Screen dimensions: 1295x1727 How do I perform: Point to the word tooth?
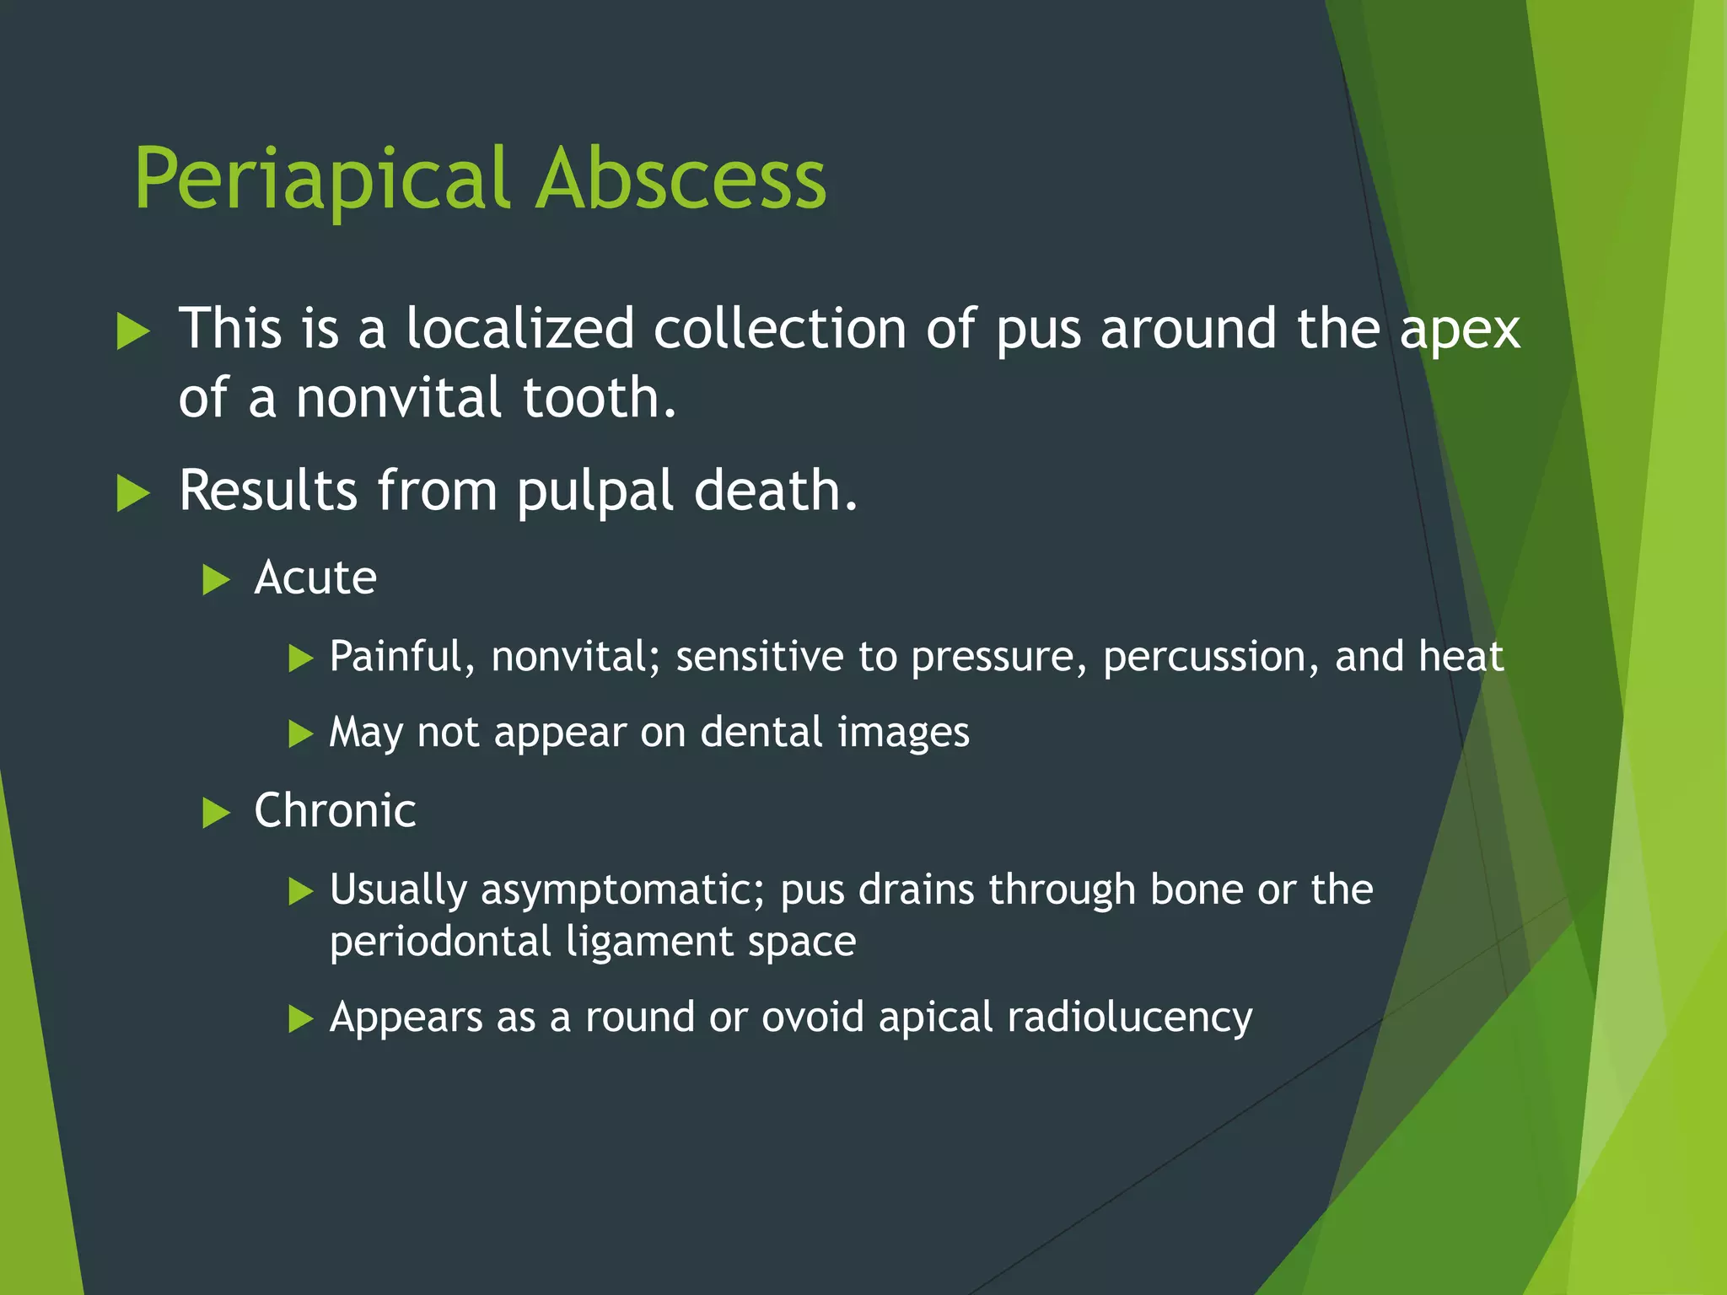coord(599,397)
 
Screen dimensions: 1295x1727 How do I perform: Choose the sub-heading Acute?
coord(315,578)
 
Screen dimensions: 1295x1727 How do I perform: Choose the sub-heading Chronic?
coord(335,811)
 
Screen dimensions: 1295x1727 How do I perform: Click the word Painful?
coord(402,657)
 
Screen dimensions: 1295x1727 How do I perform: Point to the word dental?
coord(761,732)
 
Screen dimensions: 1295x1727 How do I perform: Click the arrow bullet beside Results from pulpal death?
coord(133,493)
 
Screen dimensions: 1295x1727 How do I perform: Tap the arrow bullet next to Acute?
coord(216,580)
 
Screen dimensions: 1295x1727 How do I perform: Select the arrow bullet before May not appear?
coord(300,733)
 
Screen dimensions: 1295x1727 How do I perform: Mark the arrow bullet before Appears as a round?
coord(300,1018)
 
